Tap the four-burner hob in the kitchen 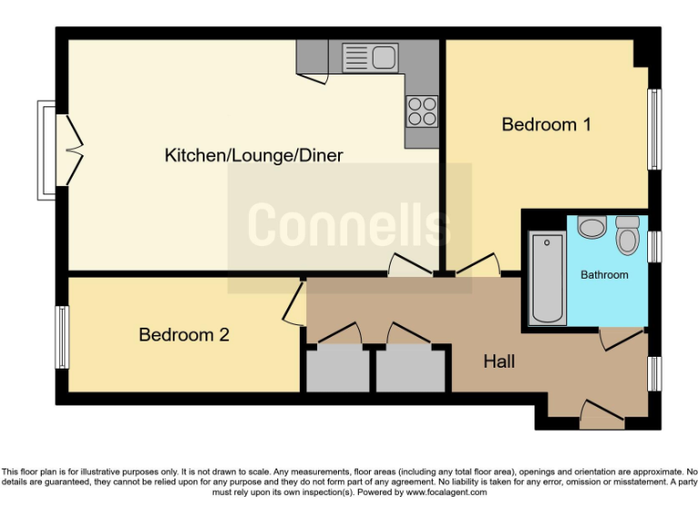(421, 111)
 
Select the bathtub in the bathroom (547, 278)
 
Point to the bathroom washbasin (591, 226)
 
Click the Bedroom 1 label (546, 124)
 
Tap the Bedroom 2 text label (184, 335)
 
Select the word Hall (499, 361)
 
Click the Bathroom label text (604, 274)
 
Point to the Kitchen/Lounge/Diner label (254, 155)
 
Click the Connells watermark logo (349, 224)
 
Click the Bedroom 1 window (653, 128)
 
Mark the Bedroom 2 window (62, 337)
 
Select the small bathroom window (653, 246)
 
